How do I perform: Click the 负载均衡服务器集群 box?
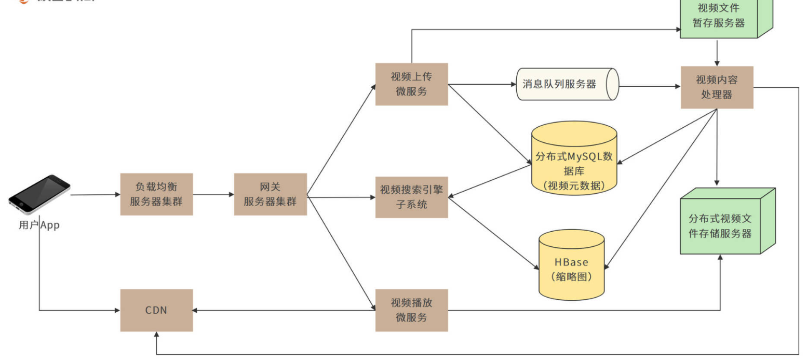(x=156, y=194)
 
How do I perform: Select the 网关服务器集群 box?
(x=271, y=194)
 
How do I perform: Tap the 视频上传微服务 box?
(x=411, y=84)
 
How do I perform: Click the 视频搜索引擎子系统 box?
(x=411, y=197)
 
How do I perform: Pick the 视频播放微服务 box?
(x=411, y=310)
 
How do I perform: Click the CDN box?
(x=156, y=310)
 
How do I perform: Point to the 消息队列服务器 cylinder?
(x=567, y=84)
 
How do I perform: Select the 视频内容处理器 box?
(x=717, y=87)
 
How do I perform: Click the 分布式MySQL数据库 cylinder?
(x=574, y=158)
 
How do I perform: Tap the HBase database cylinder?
(x=571, y=265)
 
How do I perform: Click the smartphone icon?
(x=39, y=194)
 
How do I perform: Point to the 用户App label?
(x=39, y=225)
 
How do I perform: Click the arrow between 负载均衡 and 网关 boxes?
(x=213, y=195)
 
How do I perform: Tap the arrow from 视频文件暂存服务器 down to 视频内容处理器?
(x=717, y=52)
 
